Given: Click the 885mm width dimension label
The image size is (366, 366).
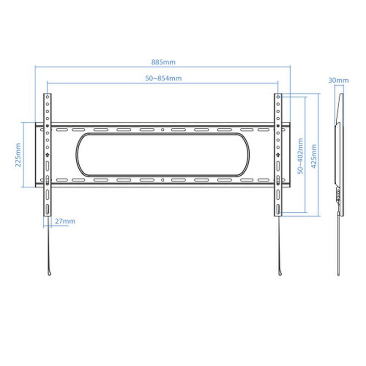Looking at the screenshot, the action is (163, 62).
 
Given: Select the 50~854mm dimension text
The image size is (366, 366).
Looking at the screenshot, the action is (163, 78).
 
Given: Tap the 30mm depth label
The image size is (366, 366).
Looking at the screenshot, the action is (339, 81).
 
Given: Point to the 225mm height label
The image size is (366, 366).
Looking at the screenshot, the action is (18, 155).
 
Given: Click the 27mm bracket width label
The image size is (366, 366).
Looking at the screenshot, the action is (65, 221).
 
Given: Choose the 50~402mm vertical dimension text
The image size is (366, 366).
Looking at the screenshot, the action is (301, 156).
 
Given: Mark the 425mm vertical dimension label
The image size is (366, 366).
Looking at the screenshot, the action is (314, 156).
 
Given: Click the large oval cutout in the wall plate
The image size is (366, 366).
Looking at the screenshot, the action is (162, 133).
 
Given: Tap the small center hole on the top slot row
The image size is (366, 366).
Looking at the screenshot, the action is (163, 129).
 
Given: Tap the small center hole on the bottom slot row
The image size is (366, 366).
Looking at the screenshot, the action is (163, 180).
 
